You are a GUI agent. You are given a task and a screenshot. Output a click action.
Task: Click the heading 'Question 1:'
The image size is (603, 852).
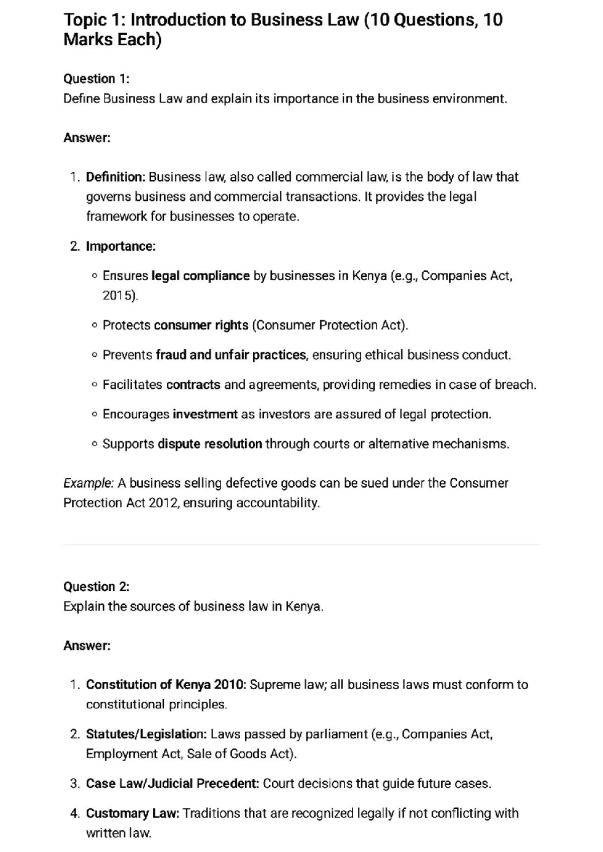click(96, 79)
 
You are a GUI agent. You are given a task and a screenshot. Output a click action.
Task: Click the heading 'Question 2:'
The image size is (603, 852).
click(96, 586)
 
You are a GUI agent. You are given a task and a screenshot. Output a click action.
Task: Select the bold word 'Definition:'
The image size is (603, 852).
click(116, 177)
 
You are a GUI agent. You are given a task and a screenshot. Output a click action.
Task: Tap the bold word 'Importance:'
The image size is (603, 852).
click(121, 246)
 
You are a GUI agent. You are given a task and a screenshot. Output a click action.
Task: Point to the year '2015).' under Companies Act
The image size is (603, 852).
click(120, 295)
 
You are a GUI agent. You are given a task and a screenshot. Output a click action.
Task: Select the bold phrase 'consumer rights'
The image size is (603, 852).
click(201, 325)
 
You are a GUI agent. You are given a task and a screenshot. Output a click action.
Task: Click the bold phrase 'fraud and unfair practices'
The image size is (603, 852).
click(231, 355)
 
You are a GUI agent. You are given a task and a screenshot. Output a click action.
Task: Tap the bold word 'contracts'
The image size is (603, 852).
click(193, 384)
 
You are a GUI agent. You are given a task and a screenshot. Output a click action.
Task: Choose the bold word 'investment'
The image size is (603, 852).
click(205, 414)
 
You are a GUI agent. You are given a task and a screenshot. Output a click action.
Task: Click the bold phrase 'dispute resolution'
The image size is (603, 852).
click(210, 444)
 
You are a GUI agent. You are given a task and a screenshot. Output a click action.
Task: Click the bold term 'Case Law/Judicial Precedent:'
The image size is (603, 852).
click(172, 783)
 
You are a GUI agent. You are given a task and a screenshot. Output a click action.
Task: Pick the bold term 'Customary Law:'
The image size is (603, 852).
click(133, 813)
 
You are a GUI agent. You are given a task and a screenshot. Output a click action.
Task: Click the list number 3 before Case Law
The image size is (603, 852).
click(74, 783)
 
